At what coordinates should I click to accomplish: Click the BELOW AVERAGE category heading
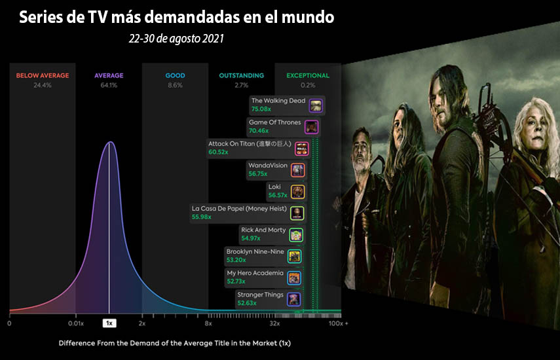(43, 76)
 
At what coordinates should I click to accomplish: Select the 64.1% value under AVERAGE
(109, 85)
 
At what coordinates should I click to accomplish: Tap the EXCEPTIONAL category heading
(308, 76)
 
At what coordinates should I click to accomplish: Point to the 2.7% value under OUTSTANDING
(242, 85)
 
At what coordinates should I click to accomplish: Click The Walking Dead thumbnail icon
(316, 105)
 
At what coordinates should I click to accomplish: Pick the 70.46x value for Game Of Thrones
(259, 131)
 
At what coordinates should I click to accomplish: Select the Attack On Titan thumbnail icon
(302, 149)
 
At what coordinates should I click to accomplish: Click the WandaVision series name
(268, 165)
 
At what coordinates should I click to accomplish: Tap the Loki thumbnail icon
(297, 192)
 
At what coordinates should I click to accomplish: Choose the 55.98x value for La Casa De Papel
(202, 217)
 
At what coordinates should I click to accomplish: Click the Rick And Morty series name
(263, 230)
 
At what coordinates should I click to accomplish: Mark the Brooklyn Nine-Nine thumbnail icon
(295, 257)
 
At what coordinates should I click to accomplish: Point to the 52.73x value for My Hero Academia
(236, 281)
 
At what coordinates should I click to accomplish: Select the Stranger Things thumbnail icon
(294, 299)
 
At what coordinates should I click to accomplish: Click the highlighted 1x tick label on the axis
(109, 323)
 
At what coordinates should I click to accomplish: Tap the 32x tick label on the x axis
(274, 323)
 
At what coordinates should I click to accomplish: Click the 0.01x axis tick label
(76, 323)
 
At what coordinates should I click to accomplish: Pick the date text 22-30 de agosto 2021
(176, 39)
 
